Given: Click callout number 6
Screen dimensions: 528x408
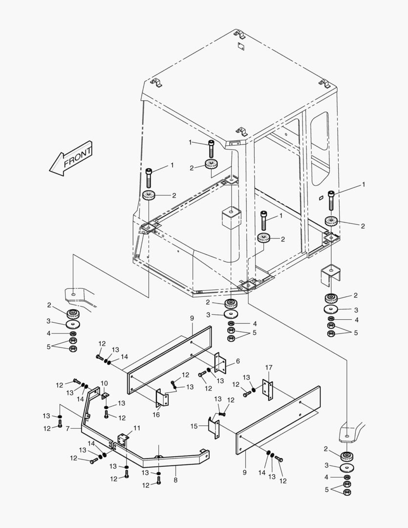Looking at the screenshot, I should (x=237, y=361).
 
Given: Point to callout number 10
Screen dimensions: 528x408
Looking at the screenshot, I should (x=104, y=383).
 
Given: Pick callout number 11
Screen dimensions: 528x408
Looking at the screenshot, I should (x=137, y=428).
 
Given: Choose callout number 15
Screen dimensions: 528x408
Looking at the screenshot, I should (x=193, y=426).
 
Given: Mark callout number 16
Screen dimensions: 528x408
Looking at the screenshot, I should (x=156, y=415).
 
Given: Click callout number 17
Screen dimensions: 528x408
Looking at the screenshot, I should (x=268, y=367).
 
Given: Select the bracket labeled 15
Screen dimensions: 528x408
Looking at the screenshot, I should (x=214, y=427).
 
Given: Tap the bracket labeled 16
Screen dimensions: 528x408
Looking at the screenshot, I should (x=163, y=398).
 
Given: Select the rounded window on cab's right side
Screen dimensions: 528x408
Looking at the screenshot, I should (x=320, y=131).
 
